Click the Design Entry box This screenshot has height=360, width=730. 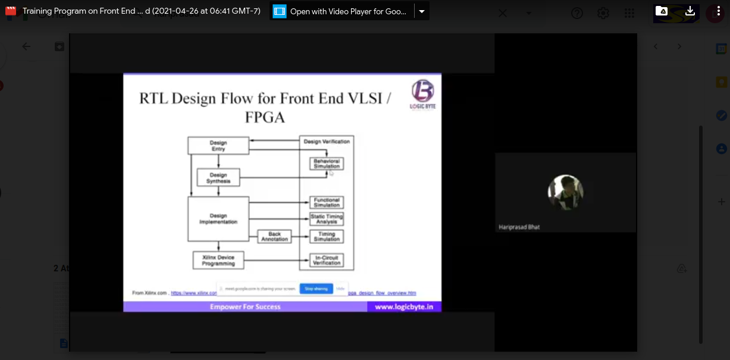coord(218,145)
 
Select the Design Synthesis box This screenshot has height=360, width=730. coord(218,177)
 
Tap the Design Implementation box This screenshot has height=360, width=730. coord(218,219)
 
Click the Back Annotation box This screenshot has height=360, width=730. coord(274,236)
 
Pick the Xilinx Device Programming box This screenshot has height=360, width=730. coord(218,260)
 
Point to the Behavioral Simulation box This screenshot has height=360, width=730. coord(327,164)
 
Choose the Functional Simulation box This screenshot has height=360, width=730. coord(327,202)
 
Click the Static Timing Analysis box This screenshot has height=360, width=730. coord(327,219)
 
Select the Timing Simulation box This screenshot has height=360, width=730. coord(327,236)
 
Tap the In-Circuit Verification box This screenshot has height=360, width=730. coord(327,260)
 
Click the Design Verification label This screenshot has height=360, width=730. coord(327,142)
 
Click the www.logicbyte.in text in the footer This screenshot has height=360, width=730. coord(403,307)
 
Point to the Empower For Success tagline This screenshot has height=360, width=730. coord(245,307)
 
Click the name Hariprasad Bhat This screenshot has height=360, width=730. coord(519,227)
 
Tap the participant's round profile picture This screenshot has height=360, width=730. coord(565,192)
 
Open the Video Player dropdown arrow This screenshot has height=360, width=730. coord(421,11)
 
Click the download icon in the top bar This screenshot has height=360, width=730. coord(690,11)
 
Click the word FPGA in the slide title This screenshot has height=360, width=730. coord(265,117)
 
